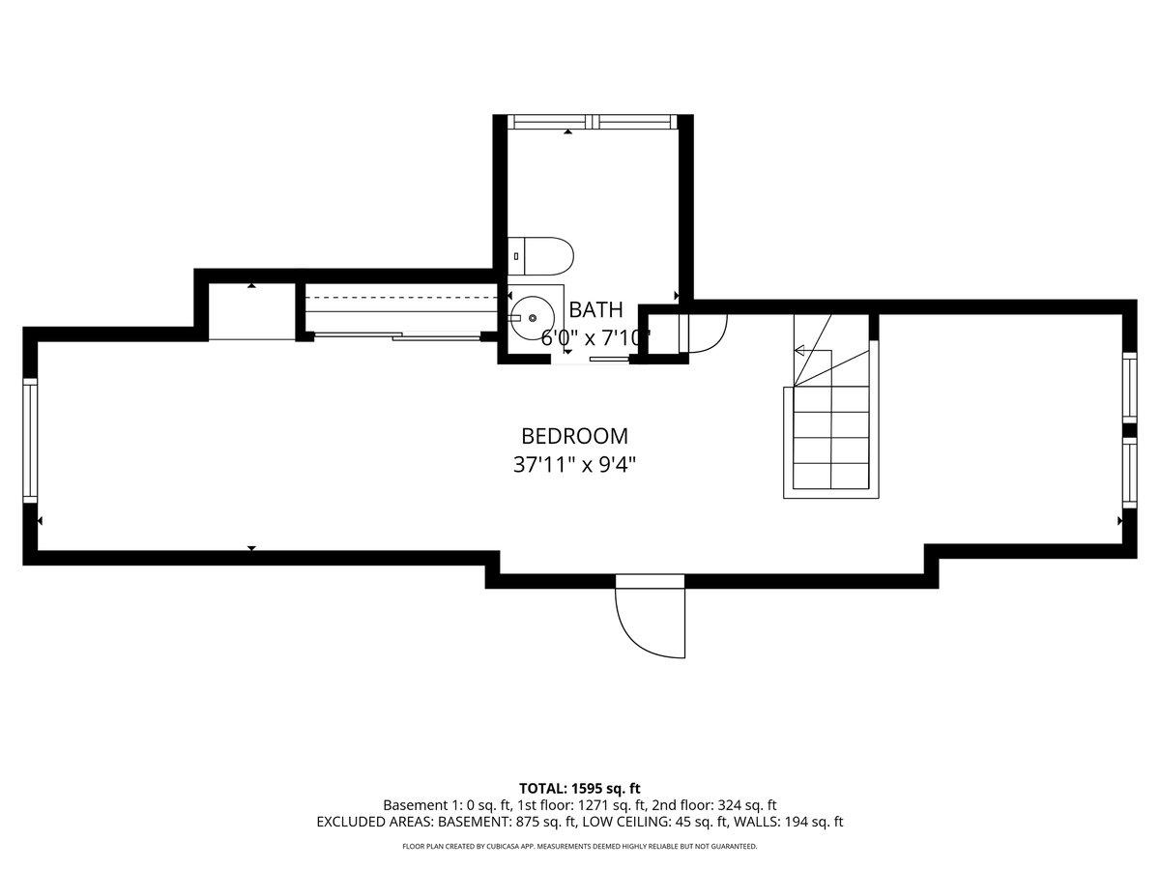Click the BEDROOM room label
coord(574,436)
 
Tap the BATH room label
coord(595,310)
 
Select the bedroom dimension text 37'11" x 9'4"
coord(574,465)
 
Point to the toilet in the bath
coord(540,255)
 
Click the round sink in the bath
coord(532,317)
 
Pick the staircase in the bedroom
coord(830,425)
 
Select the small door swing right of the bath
coord(704,333)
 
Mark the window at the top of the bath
coord(591,122)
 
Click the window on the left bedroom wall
coord(30,441)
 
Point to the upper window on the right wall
coord(1128,388)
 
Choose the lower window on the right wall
coord(1128,473)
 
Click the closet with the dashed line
coord(402,310)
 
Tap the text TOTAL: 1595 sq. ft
coord(580,789)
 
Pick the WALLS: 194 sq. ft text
coord(788,823)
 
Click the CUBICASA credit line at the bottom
coord(580,847)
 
